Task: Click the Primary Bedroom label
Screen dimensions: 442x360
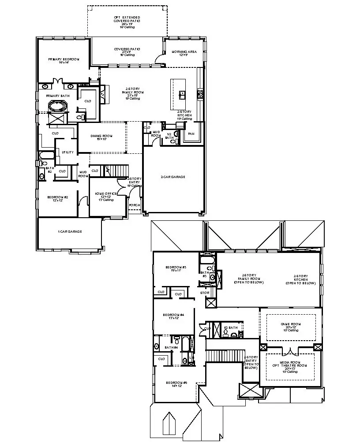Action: pos(64,59)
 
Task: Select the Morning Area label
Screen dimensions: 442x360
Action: pos(184,52)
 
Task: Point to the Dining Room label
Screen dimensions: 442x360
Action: pos(101,136)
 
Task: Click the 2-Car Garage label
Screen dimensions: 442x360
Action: pos(172,177)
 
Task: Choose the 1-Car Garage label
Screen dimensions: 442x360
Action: pos(70,231)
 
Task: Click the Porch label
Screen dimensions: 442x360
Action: pos(134,205)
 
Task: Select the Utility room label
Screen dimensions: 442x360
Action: pos(67,152)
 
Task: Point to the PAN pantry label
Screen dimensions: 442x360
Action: pos(191,133)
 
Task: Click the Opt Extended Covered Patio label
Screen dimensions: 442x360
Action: pos(127,20)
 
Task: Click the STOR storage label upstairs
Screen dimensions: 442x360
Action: pos(204,292)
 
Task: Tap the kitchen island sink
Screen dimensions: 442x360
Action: pos(181,93)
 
